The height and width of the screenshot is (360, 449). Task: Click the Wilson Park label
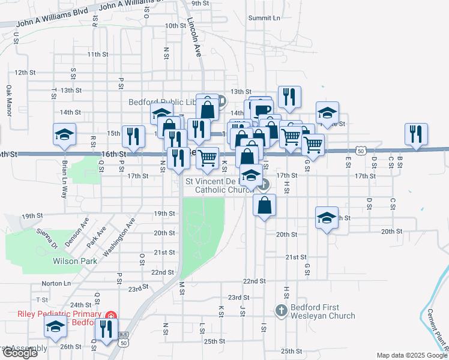[x=75, y=262]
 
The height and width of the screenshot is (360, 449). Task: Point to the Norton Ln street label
[x=56, y=283]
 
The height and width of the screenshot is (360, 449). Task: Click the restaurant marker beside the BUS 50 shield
[x=106, y=329]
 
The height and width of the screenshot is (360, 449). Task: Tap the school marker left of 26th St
[x=55, y=327]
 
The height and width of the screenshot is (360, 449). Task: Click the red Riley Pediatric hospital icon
[x=110, y=316]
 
